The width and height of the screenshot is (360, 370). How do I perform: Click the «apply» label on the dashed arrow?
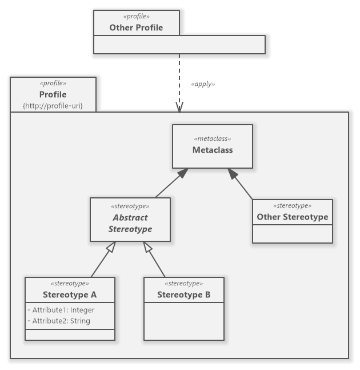pos(203,83)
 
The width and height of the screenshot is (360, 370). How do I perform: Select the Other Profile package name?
pos(136,27)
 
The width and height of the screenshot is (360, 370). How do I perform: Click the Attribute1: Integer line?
pos(61,310)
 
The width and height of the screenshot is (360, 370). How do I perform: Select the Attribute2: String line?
pos(59,321)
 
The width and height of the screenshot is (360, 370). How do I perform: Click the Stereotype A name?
pos(70,295)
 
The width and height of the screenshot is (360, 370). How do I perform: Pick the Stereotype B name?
pos(183,295)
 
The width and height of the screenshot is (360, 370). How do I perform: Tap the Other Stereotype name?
pos(292,217)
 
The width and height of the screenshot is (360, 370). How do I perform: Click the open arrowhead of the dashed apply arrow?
pos(179,108)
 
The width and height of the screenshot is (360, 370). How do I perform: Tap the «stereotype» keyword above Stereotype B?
pos(183,284)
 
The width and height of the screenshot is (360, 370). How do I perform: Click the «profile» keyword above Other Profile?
pos(136,17)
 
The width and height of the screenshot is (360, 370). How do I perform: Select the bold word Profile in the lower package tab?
pos(53,94)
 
